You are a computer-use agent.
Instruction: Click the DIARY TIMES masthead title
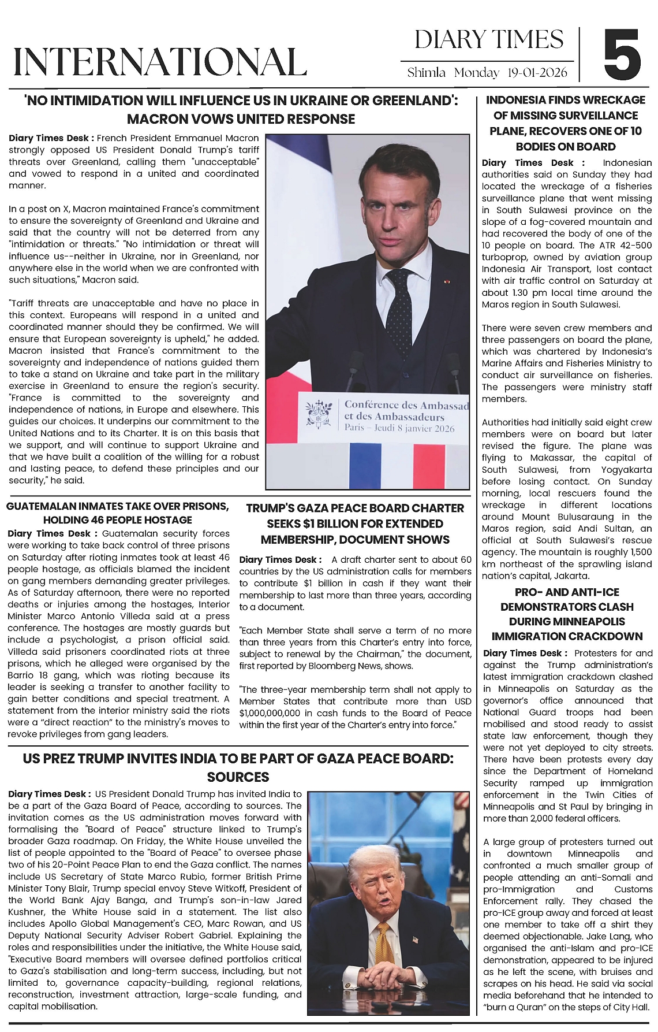489,40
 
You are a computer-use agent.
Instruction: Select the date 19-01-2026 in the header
537,73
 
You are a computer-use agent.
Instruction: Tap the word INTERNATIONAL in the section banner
160,62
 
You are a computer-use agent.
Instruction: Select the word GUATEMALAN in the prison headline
42,507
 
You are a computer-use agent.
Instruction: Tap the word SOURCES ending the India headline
238,777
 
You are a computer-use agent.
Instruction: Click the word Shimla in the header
426,73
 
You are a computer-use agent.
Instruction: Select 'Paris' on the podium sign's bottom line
354,428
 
